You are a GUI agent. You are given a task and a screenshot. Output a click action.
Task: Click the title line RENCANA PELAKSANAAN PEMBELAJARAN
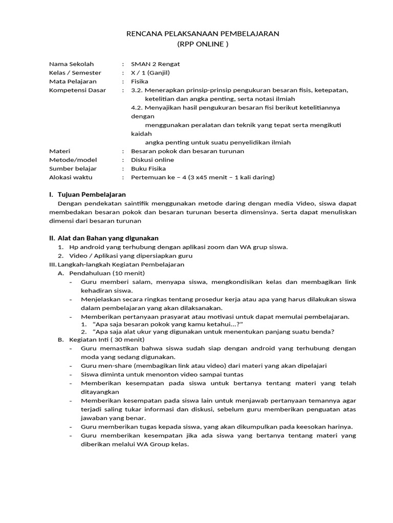[x=203, y=34]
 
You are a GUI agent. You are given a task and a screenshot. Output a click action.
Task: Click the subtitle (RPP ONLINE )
[x=203, y=44]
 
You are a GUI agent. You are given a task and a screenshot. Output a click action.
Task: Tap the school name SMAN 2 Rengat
[x=156, y=64]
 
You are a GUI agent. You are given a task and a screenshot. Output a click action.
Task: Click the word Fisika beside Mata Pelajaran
[x=140, y=81]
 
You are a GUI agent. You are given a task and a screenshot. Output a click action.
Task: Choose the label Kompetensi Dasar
[x=77, y=90]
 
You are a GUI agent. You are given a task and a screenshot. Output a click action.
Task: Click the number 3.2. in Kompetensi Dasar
[x=137, y=90]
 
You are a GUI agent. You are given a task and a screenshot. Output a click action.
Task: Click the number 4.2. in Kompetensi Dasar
[x=137, y=107]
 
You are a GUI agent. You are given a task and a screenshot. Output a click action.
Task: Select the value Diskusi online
[x=153, y=160]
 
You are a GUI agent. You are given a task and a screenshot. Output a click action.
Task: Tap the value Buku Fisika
[x=148, y=169]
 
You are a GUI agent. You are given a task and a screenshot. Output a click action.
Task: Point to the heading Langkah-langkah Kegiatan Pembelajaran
[x=121, y=265]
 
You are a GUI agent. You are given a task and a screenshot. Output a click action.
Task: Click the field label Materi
[x=59, y=151]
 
